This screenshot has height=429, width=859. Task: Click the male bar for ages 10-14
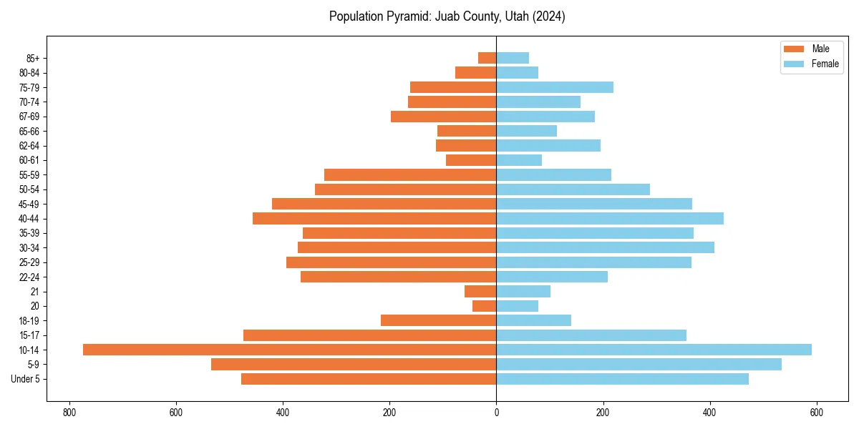(289, 350)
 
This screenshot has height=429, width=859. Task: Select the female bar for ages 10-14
(654, 350)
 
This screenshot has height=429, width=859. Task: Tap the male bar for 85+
(487, 58)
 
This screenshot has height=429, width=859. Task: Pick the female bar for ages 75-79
(555, 87)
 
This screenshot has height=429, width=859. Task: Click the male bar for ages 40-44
(374, 218)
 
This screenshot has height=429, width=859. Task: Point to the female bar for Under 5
(622, 379)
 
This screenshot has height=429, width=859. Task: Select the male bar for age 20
(485, 306)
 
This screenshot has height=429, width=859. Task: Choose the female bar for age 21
(523, 291)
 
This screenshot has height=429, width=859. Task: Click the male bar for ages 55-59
(410, 174)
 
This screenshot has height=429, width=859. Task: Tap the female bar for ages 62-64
(548, 145)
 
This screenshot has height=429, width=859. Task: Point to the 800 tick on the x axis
(69, 413)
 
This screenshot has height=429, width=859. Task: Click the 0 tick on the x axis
(496, 413)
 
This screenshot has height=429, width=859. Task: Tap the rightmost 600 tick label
(816, 413)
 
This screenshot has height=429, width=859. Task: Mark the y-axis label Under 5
(26, 379)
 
